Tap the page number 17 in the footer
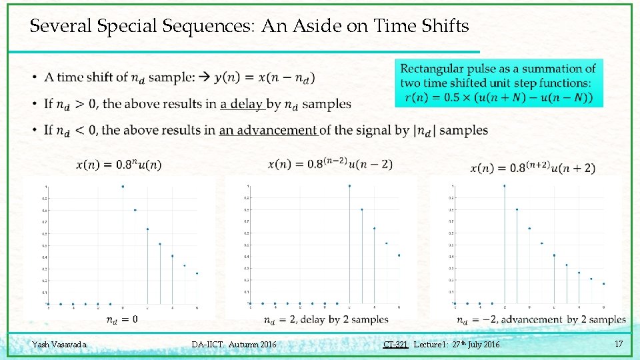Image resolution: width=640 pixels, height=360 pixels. [x=619, y=344]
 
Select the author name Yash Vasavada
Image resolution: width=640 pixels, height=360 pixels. [x=59, y=345]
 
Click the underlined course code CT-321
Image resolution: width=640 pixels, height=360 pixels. [x=395, y=345]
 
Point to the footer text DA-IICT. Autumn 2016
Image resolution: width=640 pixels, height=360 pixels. [x=233, y=345]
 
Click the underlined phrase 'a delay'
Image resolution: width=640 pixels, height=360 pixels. [x=242, y=104]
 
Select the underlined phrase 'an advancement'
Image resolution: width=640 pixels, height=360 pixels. [x=268, y=130]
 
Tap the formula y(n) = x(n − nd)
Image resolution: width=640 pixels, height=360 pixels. [x=265, y=77]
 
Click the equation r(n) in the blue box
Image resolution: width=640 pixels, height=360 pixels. [x=500, y=98]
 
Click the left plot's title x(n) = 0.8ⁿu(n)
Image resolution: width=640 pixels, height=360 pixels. [x=119, y=165]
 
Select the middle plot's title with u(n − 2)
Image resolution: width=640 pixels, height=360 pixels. [x=330, y=165]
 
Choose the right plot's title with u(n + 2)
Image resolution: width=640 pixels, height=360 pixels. [x=533, y=168]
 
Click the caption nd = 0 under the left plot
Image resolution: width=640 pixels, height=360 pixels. [x=122, y=320]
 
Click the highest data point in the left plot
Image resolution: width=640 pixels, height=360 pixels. [x=123, y=187]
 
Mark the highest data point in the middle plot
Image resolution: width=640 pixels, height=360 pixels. [x=349, y=186]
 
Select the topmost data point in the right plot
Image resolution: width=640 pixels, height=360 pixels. [x=505, y=186]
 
